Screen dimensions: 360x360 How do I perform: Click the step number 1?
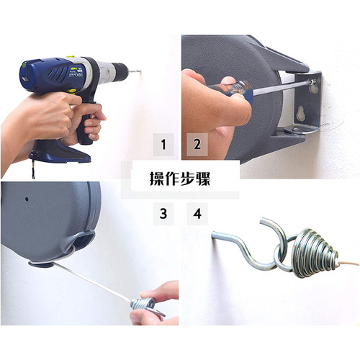click(163, 144)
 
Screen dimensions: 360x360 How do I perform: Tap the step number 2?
click(196, 144)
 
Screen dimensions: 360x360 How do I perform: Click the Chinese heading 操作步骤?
click(180, 178)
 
